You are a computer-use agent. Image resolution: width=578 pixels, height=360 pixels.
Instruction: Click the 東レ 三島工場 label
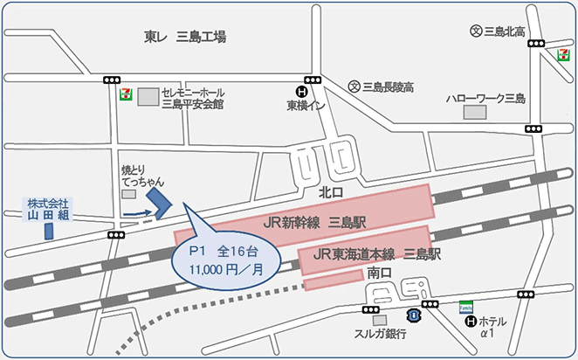click(x=185, y=37)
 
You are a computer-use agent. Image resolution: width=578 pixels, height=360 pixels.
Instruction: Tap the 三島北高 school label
click(x=503, y=32)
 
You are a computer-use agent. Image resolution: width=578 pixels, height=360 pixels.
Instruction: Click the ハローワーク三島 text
click(x=486, y=98)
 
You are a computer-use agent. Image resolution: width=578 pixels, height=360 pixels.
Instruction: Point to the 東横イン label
click(x=306, y=106)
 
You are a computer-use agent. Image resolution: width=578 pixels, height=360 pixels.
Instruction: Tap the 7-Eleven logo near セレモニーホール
click(x=127, y=93)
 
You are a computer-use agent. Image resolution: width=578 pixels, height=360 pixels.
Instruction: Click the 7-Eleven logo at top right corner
click(x=564, y=54)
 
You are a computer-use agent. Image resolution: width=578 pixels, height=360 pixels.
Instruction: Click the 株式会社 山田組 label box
click(x=47, y=208)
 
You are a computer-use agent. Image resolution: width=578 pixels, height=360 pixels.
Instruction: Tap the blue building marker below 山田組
click(x=49, y=231)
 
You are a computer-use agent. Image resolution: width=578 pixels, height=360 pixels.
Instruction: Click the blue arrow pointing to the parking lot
click(x=134, y=211)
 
